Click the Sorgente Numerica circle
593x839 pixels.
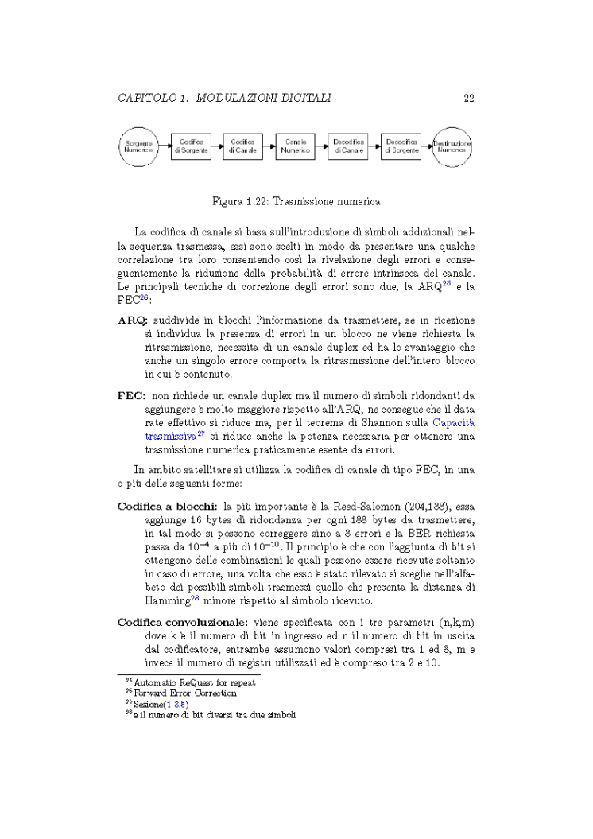coord(138,146)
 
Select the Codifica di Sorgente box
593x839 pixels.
coord(190,146)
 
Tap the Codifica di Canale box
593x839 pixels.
coord(242,146)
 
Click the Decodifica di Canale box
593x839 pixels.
coord(348,146)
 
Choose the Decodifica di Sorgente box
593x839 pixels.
coord(401,146)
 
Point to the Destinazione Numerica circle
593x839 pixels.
coord(452,146)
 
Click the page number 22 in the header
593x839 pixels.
coord(468,98)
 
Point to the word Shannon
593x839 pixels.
coord(381,423)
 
